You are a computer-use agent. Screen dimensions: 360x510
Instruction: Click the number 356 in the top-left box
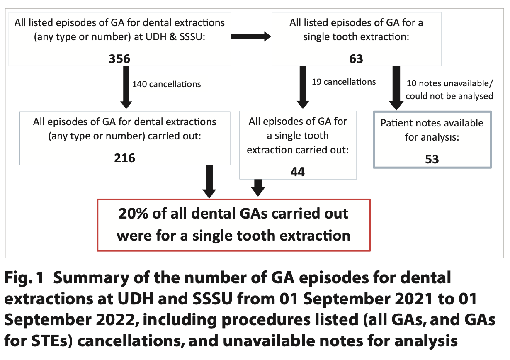click(119, 59)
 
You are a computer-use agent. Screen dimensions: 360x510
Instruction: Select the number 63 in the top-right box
click(356, 59)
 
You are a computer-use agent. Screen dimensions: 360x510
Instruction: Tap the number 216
click(125, 158)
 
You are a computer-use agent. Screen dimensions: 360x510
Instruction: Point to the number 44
click(298, 171)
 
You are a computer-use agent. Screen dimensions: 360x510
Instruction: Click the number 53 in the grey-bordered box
click(432, 159)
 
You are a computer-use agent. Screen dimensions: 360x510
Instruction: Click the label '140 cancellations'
click(166, 84)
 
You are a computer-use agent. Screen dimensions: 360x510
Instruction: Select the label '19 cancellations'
click(343, 82)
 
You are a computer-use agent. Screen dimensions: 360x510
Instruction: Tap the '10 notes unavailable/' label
click(450, 83)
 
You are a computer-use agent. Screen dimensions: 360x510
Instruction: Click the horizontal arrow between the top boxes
click(250, 37)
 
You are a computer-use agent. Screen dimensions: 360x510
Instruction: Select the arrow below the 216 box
click(209, 181)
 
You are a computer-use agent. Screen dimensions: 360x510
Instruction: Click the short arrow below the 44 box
click(258, 187)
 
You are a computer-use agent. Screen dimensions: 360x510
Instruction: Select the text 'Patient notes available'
click(432, 123)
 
